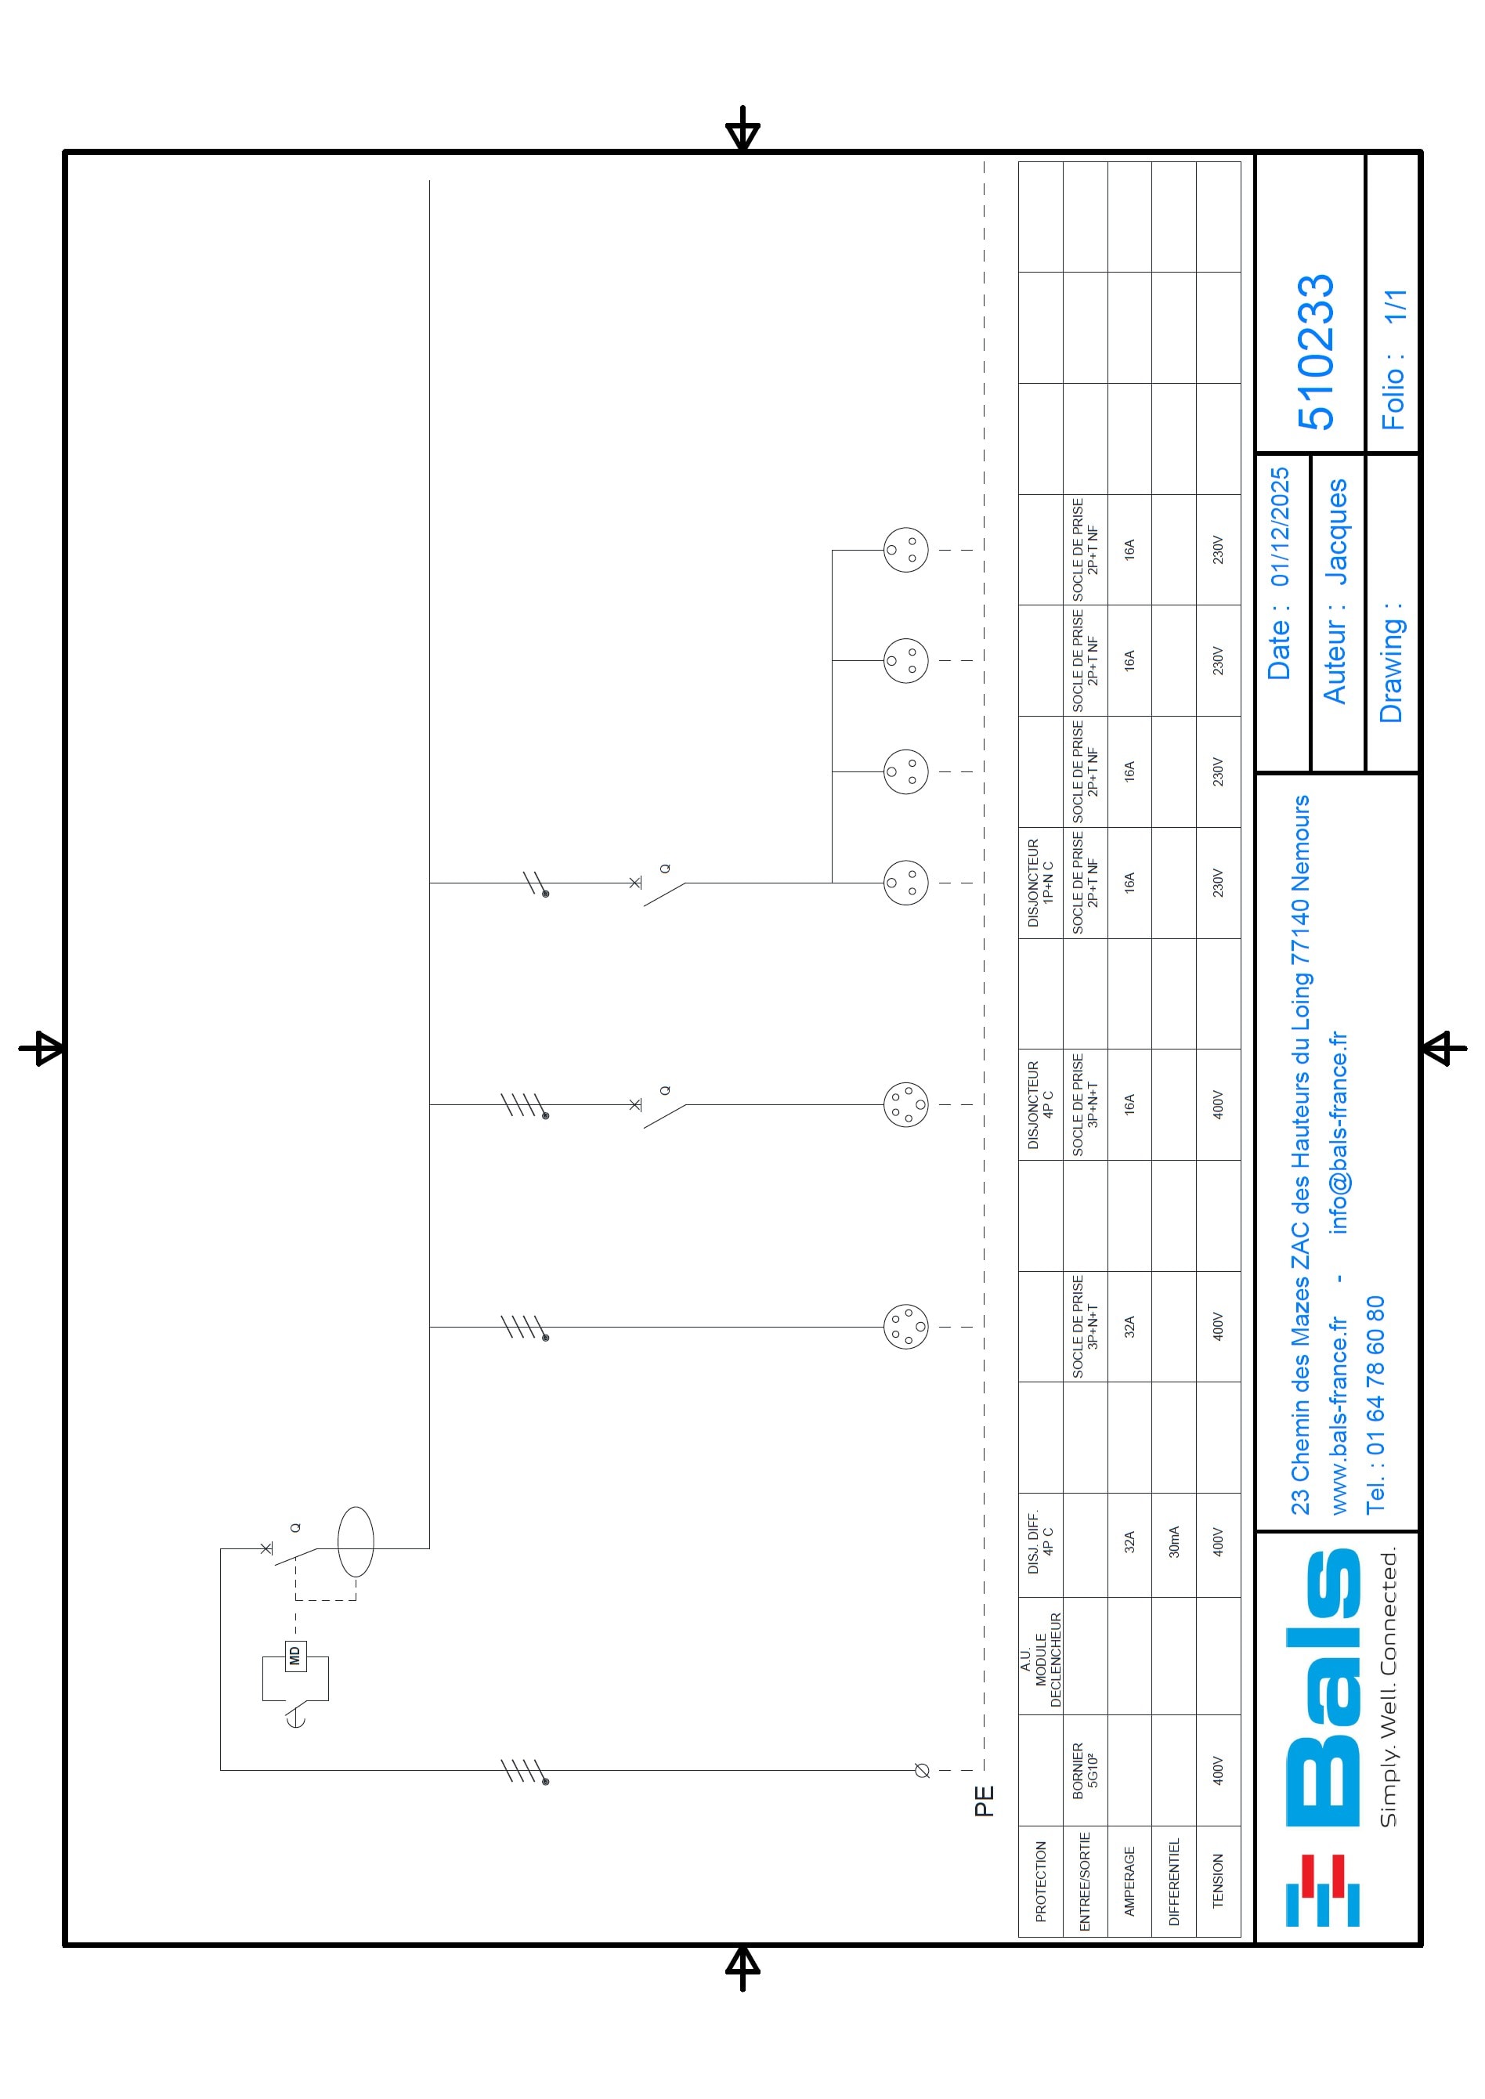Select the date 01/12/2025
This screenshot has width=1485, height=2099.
click(1279, 526)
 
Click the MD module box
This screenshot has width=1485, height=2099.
click(294, 1656)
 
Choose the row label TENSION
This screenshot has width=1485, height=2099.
click(1217, 1880)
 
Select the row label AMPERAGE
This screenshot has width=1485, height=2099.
click(1129, 1880)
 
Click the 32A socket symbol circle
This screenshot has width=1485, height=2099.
click(906, 1327)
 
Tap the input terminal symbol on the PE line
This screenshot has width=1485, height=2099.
click(922, 1771)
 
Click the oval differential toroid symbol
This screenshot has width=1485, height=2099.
click(356, 1542)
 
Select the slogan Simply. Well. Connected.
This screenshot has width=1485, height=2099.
click(1388, 1688)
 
